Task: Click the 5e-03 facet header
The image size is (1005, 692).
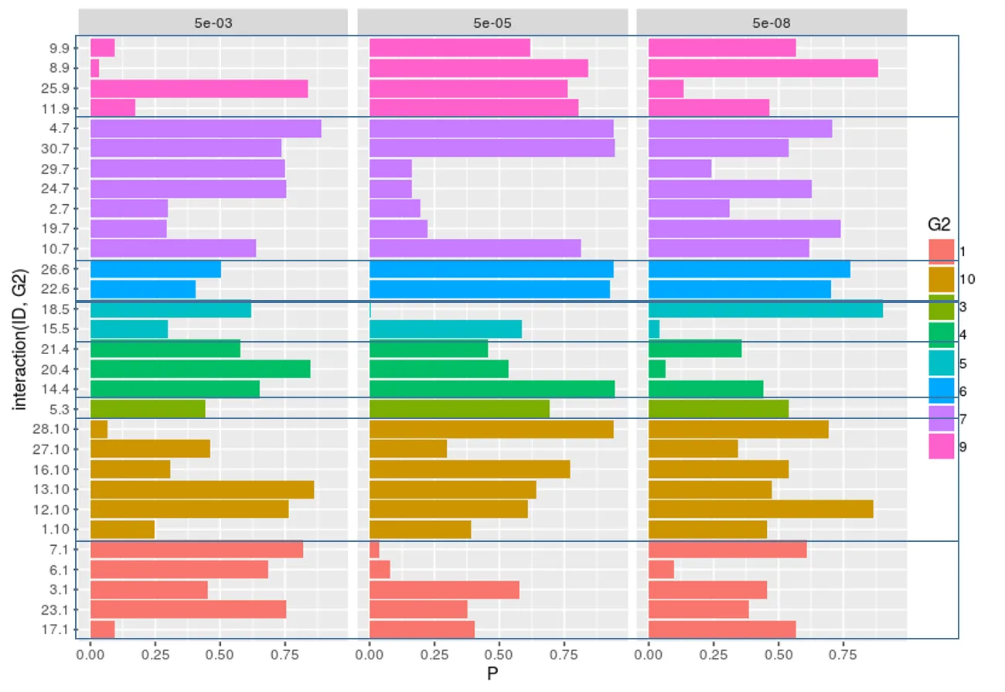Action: click(x=213, y=22)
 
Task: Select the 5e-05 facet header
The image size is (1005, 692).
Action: click(x=492, y=22)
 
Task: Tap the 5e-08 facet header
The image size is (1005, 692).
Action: click(x=771, y=22)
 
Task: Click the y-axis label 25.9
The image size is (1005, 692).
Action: click(x=60, y=88)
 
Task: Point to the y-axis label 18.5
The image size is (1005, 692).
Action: click(x=60, y=309)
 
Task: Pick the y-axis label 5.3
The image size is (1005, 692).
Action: click(x=63, y=409)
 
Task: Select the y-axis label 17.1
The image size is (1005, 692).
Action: click(x=60, y=629)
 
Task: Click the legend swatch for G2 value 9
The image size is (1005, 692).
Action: click(x=941, y=446)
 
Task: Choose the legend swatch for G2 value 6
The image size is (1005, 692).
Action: click(x=941, y=390)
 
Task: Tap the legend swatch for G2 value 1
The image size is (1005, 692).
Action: click(x=941, y=251)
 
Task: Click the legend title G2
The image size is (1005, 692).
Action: click(x=939, y=224)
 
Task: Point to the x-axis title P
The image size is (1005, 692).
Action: click(x=492, y=674)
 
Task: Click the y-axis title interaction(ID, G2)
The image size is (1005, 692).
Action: click(x=21, y=339)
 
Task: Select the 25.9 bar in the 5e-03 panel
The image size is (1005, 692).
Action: click(x=199, y=88)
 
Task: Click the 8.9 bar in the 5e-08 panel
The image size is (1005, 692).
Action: click(x=763, y=68)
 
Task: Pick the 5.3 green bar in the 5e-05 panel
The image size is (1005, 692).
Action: click(x=459, y=409)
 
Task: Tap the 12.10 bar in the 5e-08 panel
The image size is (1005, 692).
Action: click(x=761, y=509)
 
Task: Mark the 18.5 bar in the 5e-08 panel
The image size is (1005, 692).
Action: click(x=765, y=309)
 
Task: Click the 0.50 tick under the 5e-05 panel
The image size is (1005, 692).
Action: click(x=499, y=654)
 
